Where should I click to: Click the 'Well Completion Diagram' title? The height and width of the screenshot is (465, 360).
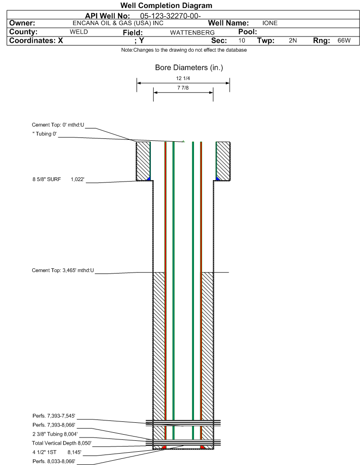[166, 6]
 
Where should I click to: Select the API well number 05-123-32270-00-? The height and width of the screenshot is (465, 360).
[170, 16]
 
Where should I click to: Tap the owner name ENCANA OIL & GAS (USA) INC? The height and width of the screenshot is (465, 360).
[118, 23]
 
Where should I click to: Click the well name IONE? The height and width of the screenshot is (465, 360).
[270, 23]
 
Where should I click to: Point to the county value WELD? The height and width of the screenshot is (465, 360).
[79, 32]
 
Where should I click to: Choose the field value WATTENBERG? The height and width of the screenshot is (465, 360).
[192, 33]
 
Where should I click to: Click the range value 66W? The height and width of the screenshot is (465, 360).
[344, 41]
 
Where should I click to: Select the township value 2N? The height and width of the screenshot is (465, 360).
[293, 41]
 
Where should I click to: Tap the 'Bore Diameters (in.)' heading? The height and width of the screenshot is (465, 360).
[189, 68]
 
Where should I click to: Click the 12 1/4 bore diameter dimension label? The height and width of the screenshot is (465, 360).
[183, 78]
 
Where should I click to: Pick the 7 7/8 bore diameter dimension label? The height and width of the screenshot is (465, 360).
[183, 88]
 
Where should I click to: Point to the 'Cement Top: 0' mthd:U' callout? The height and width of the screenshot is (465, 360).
[58, 125]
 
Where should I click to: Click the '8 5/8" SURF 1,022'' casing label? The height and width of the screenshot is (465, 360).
[58, 180]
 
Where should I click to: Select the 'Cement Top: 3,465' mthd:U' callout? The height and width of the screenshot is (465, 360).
[63, 271]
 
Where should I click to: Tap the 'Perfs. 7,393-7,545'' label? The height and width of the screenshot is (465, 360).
[54, 416]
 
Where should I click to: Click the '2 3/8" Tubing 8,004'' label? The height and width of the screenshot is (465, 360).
[55, 434]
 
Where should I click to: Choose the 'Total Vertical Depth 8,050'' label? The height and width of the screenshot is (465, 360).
[62, 443]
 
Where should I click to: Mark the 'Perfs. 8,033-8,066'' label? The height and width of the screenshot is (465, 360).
[54, 461]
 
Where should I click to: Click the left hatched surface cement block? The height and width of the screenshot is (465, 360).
[143, 161]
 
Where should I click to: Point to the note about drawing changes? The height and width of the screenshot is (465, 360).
[184, 50]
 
